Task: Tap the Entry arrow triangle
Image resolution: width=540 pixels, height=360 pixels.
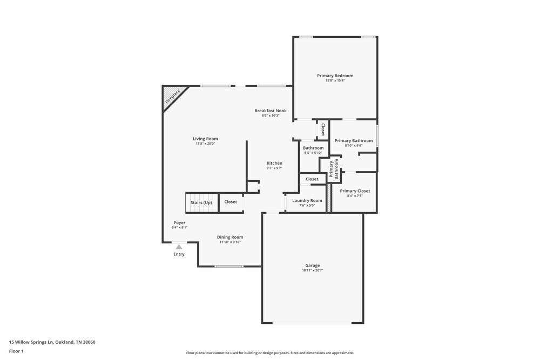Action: pos(179,247)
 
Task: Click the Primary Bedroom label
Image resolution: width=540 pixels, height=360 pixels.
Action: pos(335,76)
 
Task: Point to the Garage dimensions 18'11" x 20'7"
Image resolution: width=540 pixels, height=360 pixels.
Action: pos(312,270)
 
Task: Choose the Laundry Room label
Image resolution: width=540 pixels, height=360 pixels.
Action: pos(307,200)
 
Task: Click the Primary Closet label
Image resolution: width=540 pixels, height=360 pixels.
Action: pos(355,191)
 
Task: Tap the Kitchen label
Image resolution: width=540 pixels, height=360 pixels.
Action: pos(274,163)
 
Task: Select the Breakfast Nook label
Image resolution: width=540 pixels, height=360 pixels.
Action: pos(271,111)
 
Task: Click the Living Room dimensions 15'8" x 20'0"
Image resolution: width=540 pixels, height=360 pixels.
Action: pos(205,144)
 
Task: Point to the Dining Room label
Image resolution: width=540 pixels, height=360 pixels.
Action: pos(230,237)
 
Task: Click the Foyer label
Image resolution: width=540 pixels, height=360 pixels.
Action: pos(179,222)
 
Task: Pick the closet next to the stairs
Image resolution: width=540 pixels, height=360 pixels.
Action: pos(231,202)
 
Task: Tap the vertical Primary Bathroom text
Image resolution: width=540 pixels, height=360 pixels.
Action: pos(334,169)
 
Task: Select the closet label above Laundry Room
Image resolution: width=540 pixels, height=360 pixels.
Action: pos(312,179)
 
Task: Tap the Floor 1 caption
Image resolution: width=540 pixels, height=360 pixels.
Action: pos(16,351)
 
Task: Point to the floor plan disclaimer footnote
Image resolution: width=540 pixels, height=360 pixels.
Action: pos(269,353)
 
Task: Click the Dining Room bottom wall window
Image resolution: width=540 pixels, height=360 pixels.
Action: pos(229,266)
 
